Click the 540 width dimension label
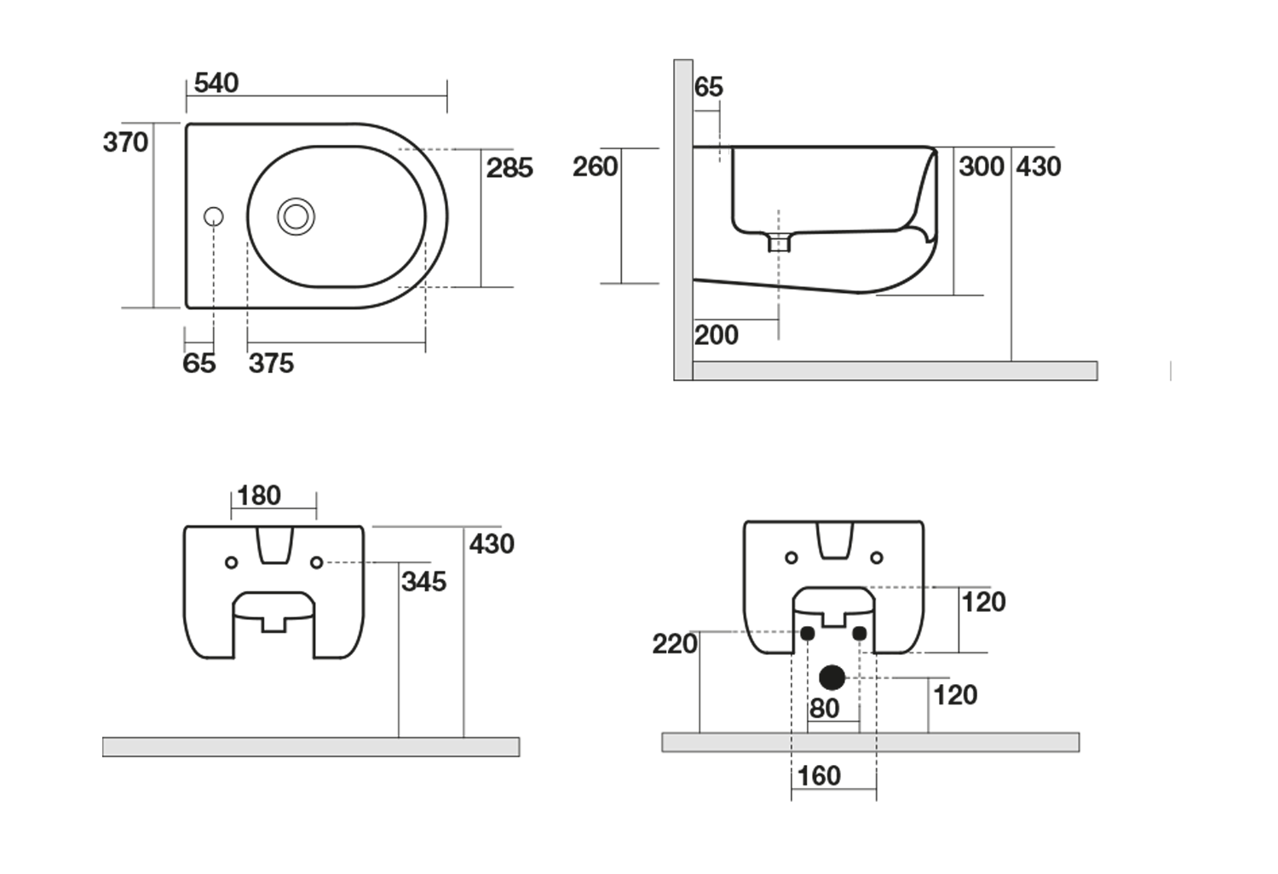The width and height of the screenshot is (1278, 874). [x=216, y=83]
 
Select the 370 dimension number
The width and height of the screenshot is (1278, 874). [x=126, y=142]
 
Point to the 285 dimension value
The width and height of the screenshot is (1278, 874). [x=509, y=168]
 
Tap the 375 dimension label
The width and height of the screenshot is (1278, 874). [x=271, y=364]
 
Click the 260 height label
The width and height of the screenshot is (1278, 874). [x=595, y=166]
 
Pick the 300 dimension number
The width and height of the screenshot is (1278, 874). [x=982, y=166]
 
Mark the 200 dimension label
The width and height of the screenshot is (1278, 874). [x=716, y=335]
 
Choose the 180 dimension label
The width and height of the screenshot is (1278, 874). [x=259, y=496]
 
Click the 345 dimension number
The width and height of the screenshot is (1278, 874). [x=423, y=582]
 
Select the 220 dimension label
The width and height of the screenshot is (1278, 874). [x=675, y=644]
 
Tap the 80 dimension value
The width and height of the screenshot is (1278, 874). [x=824, y=709]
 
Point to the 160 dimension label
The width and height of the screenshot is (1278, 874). [x=819, y=776]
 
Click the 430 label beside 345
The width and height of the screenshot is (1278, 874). [x=492, y=543]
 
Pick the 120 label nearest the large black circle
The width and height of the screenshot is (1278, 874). [x=955, y=695]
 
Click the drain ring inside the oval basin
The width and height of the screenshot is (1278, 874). [x=296, y=216]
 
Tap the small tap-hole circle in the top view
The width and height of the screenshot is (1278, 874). [x=214, y=216]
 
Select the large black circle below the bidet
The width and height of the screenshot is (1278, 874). [x=832, y=677]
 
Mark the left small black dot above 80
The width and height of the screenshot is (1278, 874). [x=806, y=633]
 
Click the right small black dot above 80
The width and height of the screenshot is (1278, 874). [x=859, y=633]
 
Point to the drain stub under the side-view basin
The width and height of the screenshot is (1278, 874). [x=779, y=243]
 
